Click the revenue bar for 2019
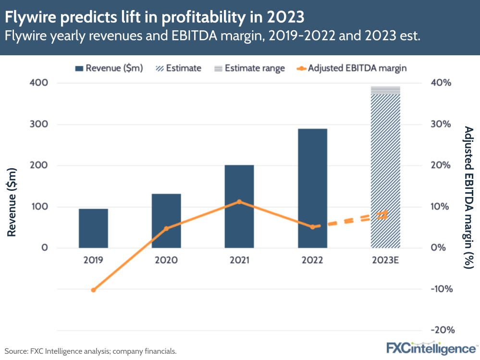[x=93, y=228]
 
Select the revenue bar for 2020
[x=166, y=221]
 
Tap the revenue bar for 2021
[x=239, y=206]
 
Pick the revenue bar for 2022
[x=312, y=188]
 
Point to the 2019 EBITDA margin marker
[x=93, y=290]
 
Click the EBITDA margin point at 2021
[x=239, y=202]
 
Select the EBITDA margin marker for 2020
[x=166, y=228]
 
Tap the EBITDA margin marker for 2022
[x=312, y=227]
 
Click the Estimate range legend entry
[x=249, y=68]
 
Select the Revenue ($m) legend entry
[x=109, y=68]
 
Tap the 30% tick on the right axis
[x=440, y=124]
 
